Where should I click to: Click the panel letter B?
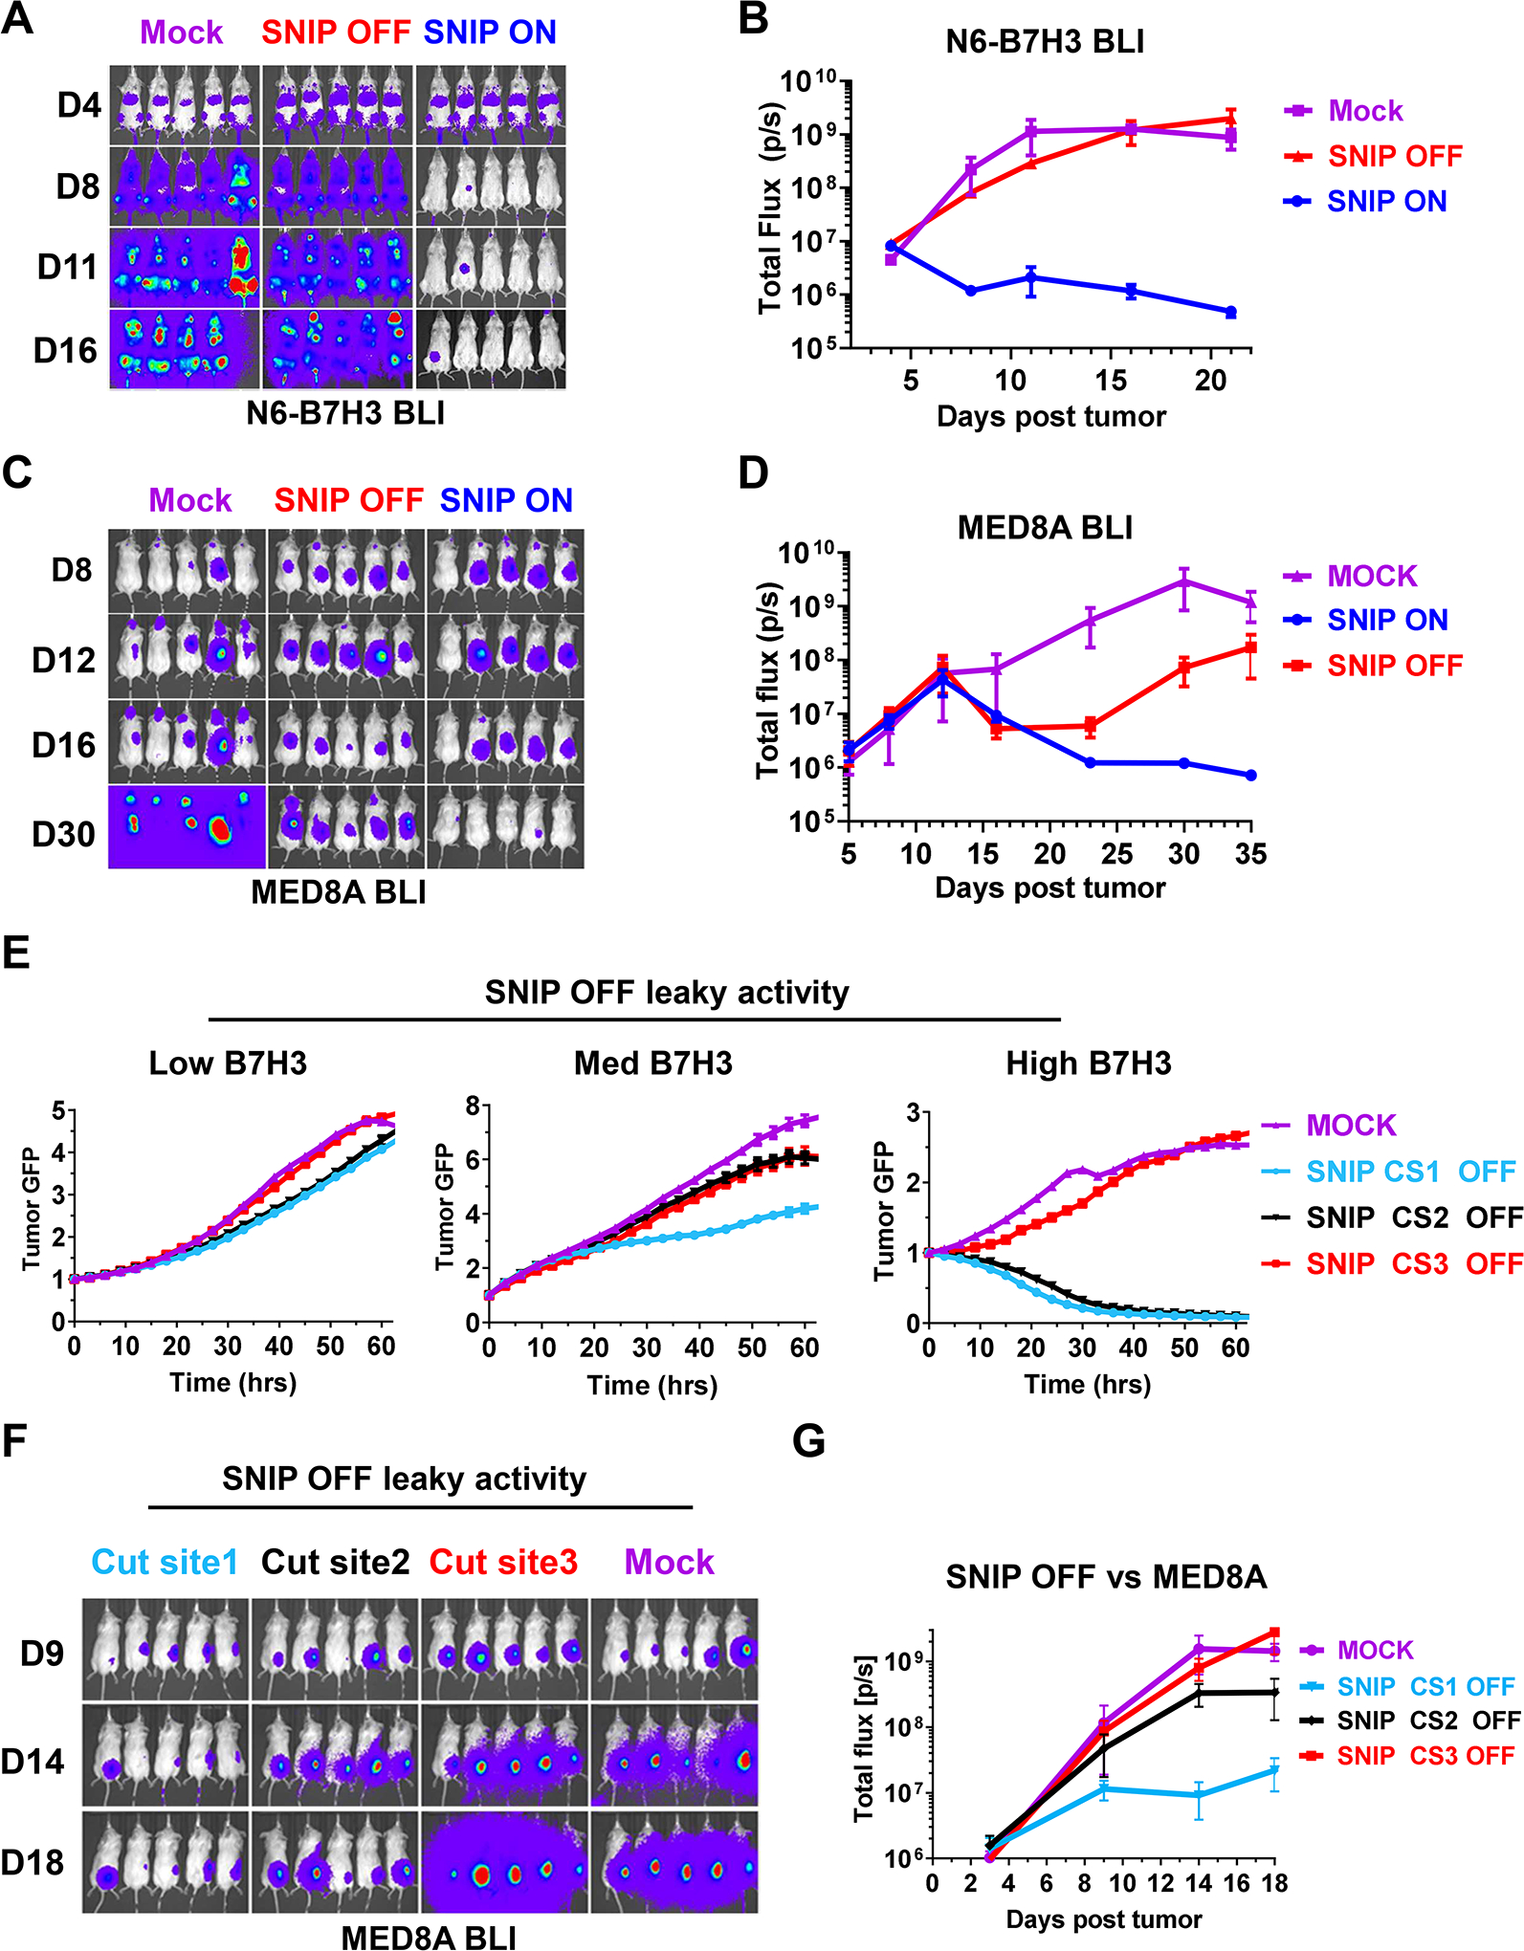[x=754, y=19]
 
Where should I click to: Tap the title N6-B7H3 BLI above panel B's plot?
[x=1045, y=42]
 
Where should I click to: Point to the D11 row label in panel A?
[x=67, y=267]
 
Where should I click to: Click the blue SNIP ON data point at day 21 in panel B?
[x=1230, y=312]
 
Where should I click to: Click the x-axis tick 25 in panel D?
[x=1116, y=854]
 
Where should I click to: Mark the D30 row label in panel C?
[x=64, y=834]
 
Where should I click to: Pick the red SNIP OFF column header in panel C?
[x=349, y=500]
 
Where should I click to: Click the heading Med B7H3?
[x=653, y=1063]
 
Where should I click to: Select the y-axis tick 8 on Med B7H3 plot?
[x=473, y=1106]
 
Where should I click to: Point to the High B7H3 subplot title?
[x=1089, y=1063]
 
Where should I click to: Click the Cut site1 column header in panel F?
[x=165, y=1562]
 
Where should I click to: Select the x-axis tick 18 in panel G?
[x=1275, y=1883]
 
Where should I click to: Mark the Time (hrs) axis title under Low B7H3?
[x=233, y=1383]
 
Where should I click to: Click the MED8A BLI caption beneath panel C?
[x=339, y=891]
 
